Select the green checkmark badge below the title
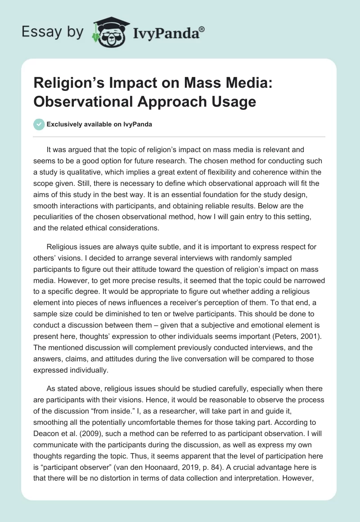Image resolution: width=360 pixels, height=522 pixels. tap(39, 124)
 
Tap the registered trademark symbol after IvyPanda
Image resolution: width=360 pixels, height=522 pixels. tap(202, 29)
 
